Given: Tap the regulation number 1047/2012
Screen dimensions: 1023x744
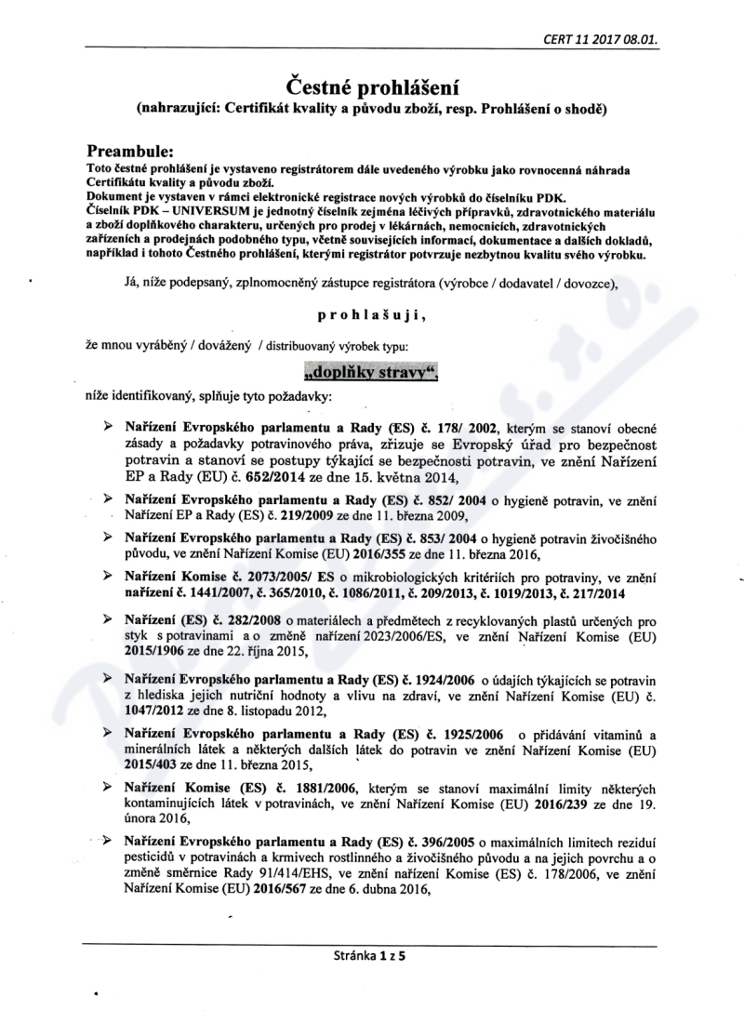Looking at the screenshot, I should coord(152,712).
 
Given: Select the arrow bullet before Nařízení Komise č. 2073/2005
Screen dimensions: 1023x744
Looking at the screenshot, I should coord(110,578).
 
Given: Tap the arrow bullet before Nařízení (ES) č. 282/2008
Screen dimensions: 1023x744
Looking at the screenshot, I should coord(110,618).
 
